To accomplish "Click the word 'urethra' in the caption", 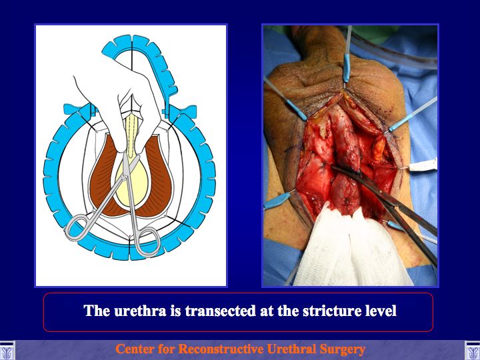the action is pos(140,311).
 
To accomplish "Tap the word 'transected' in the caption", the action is pos(220,311).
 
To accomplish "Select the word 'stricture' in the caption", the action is pos(331,311).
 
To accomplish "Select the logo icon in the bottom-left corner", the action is pos(6,350).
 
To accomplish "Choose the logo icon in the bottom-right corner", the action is pos(473,350).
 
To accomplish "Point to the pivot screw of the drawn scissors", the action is pos(125,176).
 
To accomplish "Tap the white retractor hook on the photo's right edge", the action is pos(423,165).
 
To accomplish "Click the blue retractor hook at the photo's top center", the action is pos(347,67).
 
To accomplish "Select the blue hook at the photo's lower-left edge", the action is pos(277,200).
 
